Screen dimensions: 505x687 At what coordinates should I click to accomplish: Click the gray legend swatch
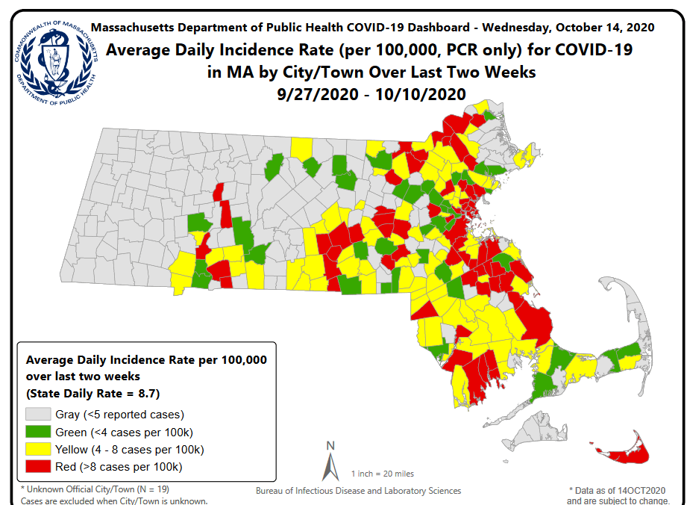point(39,415)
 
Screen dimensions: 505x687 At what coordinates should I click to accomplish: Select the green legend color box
point(39,432)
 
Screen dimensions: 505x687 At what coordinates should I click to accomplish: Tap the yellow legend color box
point(39,450)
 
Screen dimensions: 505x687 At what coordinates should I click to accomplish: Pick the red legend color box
point(39,467)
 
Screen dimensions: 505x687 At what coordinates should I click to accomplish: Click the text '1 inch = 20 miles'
point(382,474)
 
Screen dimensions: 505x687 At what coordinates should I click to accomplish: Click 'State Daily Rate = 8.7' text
point(93,393)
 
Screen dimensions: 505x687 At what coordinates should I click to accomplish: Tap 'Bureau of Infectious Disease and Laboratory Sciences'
point(358,491)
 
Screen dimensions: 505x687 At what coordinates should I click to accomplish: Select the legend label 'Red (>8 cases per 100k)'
point(118,467)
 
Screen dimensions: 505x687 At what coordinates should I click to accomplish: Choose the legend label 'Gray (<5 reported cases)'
point(119,414)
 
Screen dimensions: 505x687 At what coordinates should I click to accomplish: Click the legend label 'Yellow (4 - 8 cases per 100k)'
point(129,450)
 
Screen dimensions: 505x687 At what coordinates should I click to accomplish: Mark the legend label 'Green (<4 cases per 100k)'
point(123,432)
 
